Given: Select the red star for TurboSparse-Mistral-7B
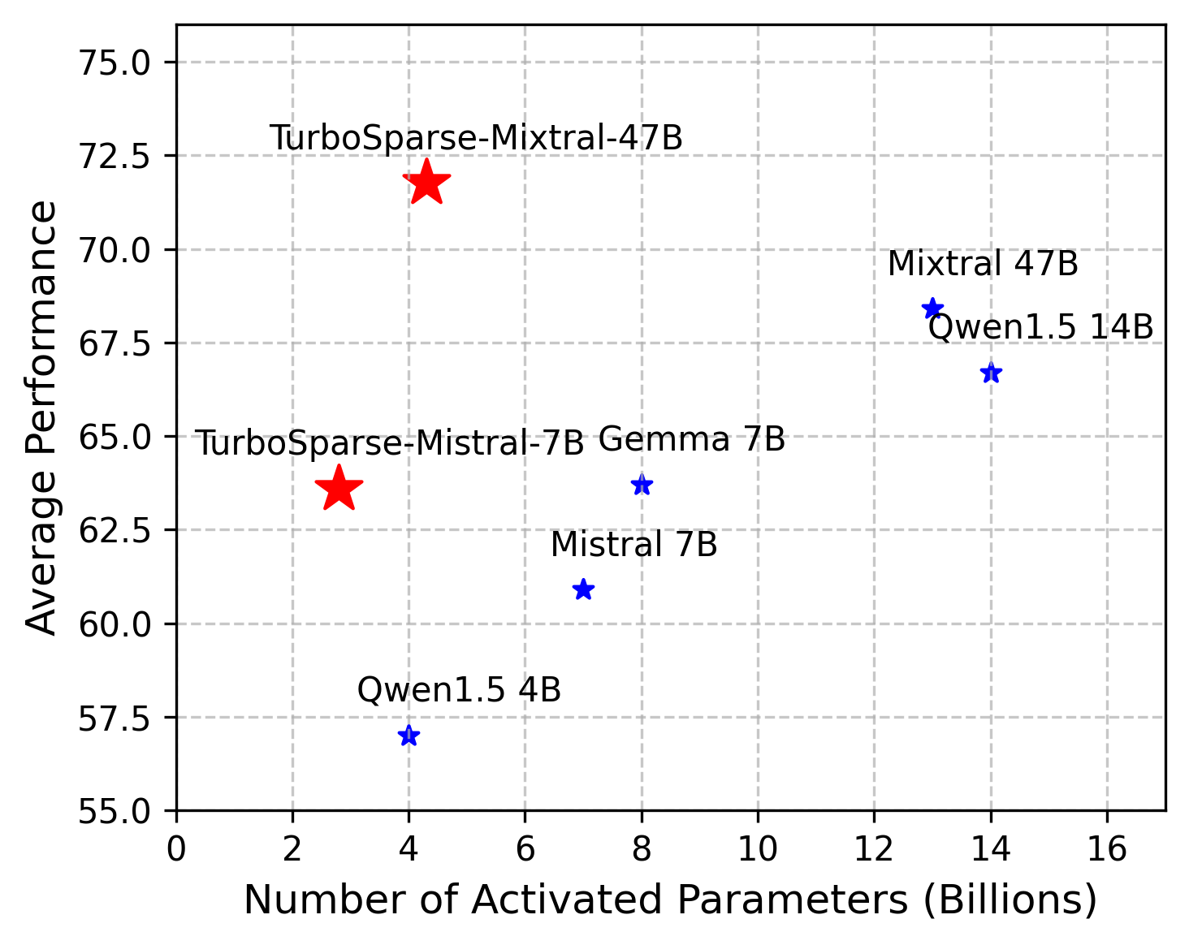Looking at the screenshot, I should [339, 489].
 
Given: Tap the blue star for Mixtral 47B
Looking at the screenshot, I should [932, 309].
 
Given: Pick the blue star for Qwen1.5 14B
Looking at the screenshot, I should [991, 373].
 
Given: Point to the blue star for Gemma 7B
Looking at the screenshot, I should [642, 485].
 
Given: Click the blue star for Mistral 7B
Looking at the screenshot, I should [583, 589].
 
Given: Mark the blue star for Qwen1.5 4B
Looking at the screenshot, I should [409, 736].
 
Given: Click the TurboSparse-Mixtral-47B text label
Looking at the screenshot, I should [476, 138].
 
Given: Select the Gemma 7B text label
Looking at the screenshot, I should [692, 440].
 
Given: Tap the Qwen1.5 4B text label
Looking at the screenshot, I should [459, 690].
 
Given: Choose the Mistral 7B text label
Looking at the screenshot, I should [633, 545].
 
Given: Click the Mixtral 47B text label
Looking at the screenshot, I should [983, 264].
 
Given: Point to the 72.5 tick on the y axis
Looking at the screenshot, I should [114, 156].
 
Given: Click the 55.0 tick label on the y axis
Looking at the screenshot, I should [114, 811].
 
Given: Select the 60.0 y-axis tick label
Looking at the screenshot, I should [114, 624].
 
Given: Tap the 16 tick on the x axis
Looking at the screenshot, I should [1107, 849].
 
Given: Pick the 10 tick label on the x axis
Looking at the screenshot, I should [758, 849].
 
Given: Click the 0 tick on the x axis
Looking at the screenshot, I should [176, 849].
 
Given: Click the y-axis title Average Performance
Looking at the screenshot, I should [42, 417].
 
